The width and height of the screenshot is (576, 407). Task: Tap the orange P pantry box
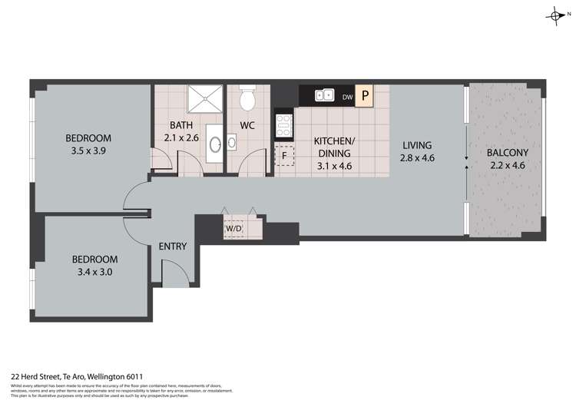(x=366, y=96)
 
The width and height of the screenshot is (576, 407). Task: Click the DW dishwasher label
(x=347, y=97)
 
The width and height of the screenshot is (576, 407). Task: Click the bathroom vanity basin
(x=216, y=144)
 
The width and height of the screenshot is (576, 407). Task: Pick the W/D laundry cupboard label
(x=233, y=229)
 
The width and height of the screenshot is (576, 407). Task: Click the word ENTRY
(x=173, y=247)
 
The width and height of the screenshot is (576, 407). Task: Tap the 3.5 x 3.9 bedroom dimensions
(x=88, y=152)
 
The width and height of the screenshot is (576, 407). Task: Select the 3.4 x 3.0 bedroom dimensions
(x=94, y=272)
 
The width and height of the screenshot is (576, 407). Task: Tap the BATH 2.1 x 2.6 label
(x=181, y=131)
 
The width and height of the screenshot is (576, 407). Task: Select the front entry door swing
(x=174, y=270)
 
